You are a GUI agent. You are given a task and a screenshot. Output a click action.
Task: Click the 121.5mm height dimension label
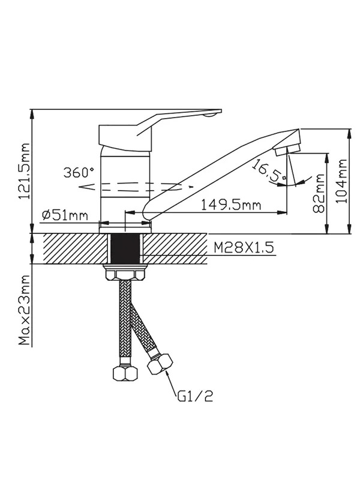24,171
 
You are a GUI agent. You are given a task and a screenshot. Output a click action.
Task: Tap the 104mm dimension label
341,181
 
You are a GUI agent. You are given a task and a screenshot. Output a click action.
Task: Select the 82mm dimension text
319,193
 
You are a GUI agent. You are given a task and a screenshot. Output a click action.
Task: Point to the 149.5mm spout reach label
231,205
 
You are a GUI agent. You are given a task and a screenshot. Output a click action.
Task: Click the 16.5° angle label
269,171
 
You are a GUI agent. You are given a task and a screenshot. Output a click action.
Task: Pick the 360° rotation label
79,173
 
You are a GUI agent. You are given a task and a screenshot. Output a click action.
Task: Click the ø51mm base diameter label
65,215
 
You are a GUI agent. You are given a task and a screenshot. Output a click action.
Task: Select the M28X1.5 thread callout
244,248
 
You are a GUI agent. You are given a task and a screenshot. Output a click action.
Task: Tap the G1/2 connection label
194,397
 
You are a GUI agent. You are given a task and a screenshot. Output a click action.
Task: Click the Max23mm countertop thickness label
25,310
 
